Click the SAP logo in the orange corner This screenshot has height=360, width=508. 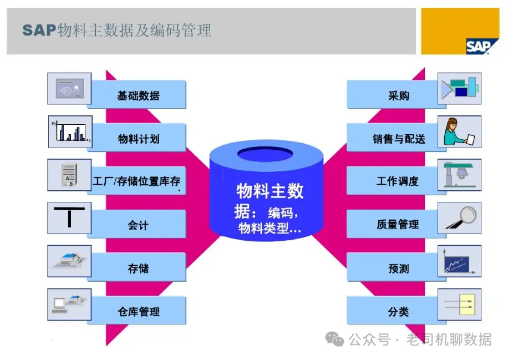(477, 47)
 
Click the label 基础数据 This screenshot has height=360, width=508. (138, 95)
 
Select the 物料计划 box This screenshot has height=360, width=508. (138, 139)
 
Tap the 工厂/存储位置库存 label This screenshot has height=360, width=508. (136, 181)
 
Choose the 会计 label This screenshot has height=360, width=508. (138, 225)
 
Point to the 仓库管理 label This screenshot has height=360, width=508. (138, 312)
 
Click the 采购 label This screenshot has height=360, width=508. (398, 95)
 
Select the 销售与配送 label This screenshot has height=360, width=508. (398, 139)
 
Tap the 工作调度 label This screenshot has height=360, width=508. (398, 181)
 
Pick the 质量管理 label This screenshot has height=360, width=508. (398, 225)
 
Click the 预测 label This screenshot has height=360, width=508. (398, 268)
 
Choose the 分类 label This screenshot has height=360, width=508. (398, 312)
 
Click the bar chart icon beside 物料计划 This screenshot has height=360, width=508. (70, 132)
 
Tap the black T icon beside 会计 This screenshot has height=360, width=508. (70, 218)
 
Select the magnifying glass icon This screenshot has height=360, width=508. (460, 217)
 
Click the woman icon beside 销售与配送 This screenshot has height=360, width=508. (460, 131)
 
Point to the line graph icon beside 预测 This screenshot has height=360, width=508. (460, 261)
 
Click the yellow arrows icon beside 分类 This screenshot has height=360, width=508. (460, 305)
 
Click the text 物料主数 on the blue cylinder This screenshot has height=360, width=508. (270, 191)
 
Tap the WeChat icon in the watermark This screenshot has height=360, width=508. (335, 339)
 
